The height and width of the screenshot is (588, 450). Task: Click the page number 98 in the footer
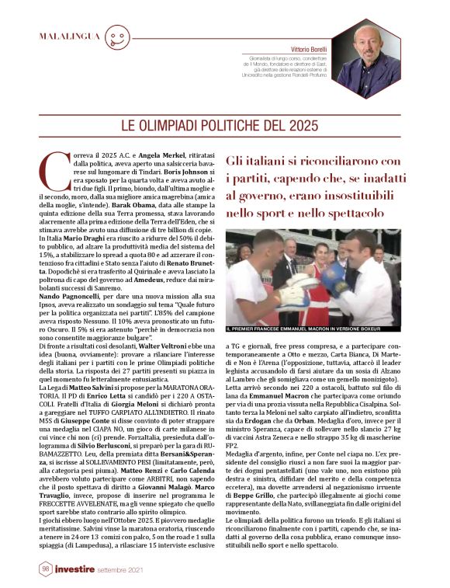click(x=46, y=569)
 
